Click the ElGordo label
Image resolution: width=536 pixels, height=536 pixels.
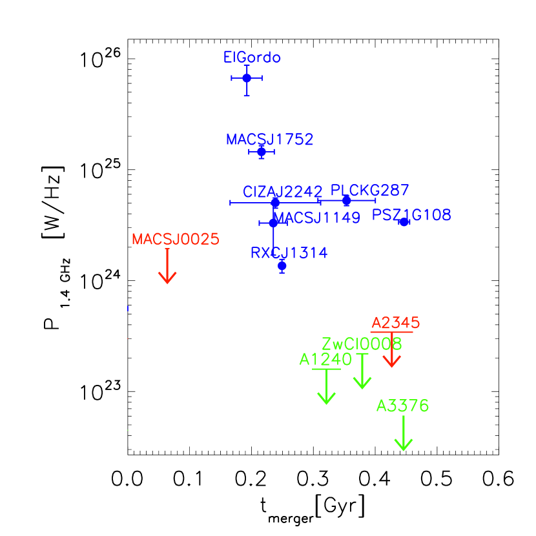(252, 57)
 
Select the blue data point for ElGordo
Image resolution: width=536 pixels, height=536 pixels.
(247, 78)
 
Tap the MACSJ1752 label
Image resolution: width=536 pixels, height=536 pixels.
(269, 139)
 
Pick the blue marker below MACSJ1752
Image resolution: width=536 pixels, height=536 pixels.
(261, 152)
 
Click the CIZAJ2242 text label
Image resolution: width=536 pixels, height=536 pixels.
(282, 192)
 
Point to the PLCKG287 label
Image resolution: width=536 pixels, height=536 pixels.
(369, 191)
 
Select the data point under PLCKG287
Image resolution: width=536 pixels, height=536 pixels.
(347, 201)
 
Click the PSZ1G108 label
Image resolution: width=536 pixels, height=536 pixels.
(411, 215)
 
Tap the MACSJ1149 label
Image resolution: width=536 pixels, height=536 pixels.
(318, 218)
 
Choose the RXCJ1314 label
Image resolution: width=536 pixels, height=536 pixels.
(289, 253)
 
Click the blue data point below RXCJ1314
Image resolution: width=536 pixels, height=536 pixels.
(282, 265)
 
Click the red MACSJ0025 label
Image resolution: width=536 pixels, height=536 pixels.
(175, 240)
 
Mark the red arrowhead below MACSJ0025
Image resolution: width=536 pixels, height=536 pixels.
(167, 278)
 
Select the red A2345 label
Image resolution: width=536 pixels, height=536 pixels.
(395, 323)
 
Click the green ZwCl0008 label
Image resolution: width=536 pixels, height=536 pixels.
(362, 344)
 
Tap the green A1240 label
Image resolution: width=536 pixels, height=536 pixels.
(325, 360)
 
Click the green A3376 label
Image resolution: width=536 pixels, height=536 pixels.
(402, 406)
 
